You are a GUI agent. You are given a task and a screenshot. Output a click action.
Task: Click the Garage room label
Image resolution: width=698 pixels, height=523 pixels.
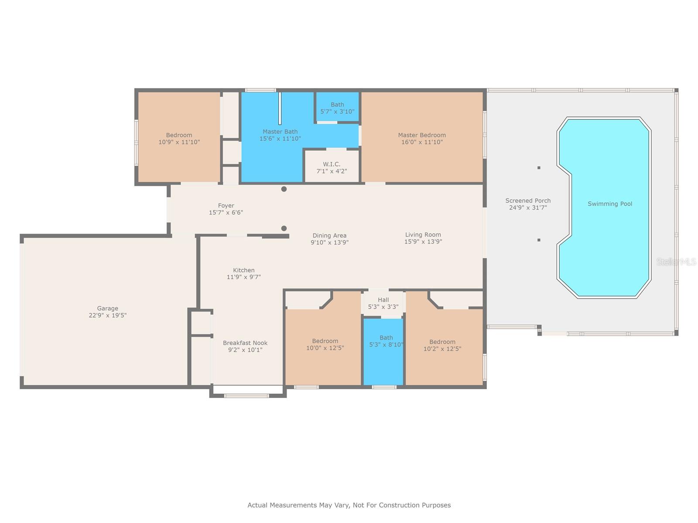tap(107, 308)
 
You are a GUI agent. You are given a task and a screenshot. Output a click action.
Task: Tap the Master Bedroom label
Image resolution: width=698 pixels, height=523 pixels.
tap(422, 135)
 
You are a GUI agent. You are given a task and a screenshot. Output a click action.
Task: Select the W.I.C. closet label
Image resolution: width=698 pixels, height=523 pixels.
tap(332, 164)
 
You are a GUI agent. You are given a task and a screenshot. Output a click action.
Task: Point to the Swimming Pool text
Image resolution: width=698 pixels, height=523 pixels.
tap(609, 204)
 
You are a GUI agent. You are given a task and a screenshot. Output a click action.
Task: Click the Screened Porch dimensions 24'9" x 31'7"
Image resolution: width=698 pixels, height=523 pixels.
tap(528, 208)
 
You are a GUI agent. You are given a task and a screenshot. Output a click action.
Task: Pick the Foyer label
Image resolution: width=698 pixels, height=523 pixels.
tap(226, 206)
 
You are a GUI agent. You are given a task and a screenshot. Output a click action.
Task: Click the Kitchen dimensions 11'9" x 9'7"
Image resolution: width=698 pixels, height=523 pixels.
tap(243, 277)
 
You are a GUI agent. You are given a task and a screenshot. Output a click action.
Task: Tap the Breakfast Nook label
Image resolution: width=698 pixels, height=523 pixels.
tap(245, 343)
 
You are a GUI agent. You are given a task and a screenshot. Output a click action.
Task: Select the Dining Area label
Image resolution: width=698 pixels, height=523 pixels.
tap(329, 236)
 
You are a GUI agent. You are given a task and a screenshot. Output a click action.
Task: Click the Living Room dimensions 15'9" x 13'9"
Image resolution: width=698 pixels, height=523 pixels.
tap(423, 241)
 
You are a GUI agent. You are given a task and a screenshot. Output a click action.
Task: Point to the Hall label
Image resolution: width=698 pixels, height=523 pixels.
tap(383, 300)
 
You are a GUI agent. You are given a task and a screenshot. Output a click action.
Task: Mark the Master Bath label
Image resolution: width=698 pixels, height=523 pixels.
tap(280, 132)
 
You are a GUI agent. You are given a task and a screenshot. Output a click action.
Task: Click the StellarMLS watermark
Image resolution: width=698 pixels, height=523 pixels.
tap(676, 261)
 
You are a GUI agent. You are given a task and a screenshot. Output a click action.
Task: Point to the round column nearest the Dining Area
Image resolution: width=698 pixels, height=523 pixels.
tap(284, 228)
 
